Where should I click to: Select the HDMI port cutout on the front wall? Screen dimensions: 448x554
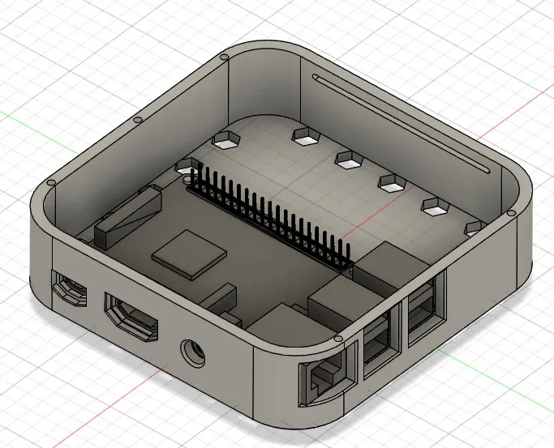[131, 316]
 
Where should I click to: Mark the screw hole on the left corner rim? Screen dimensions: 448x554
[52, 184]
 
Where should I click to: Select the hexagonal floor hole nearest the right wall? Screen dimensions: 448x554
[475, 228]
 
